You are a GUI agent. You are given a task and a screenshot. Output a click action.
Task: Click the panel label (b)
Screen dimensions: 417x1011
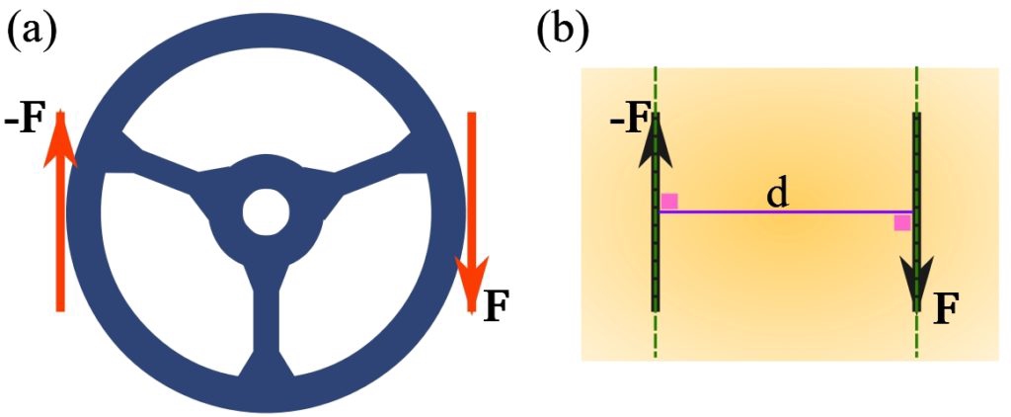pos(561,32)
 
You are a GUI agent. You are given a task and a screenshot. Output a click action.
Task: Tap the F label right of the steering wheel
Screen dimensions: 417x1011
pos(497,307)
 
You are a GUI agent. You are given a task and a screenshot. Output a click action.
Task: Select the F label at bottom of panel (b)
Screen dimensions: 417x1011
pos(946,309)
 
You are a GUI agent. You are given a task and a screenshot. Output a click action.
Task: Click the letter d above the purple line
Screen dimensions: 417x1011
pos(778,194)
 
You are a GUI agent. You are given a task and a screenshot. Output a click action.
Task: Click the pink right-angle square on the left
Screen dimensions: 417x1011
pos(669,202)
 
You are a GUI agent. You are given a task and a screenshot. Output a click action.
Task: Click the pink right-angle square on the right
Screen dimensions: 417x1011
pos(902,222)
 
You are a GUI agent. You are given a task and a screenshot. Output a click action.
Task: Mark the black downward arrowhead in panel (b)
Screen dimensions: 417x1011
pos(917,283)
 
